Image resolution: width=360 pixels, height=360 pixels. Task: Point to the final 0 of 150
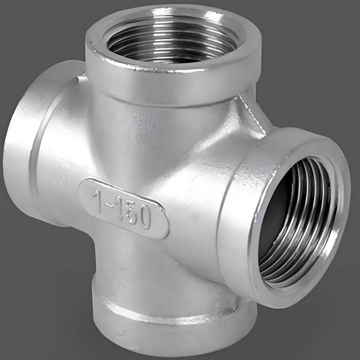(x=145, y=217)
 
